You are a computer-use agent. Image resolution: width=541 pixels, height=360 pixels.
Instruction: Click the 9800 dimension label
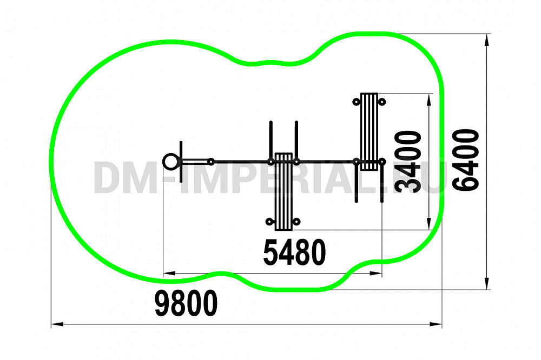coord(186,303)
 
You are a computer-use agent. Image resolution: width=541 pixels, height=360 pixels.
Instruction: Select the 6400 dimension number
coord(465,160)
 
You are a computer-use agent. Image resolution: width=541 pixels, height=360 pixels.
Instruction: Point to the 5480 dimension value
coord(294,252)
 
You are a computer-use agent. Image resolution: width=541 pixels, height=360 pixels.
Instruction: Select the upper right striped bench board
coord(369,131)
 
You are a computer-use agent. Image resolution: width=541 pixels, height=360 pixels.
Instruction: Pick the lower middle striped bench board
coord(283,192)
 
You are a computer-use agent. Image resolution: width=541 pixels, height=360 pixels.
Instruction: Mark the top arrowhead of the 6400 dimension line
coord(486,40)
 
